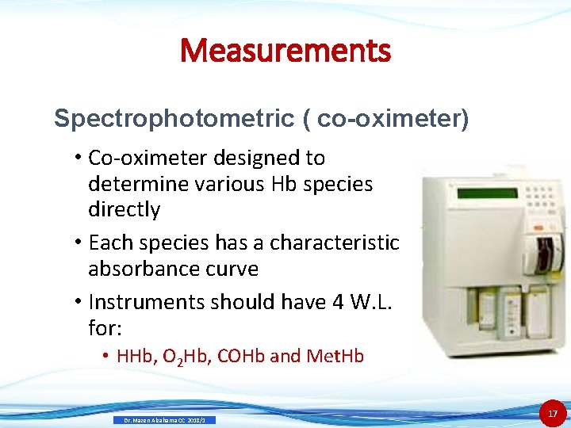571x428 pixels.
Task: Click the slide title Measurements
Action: (x=285, y=51)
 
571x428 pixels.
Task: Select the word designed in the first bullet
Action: (x=252, y=158)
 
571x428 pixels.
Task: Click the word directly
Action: (x=125, y=209)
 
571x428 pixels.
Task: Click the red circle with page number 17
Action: (x=553, y=413)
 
